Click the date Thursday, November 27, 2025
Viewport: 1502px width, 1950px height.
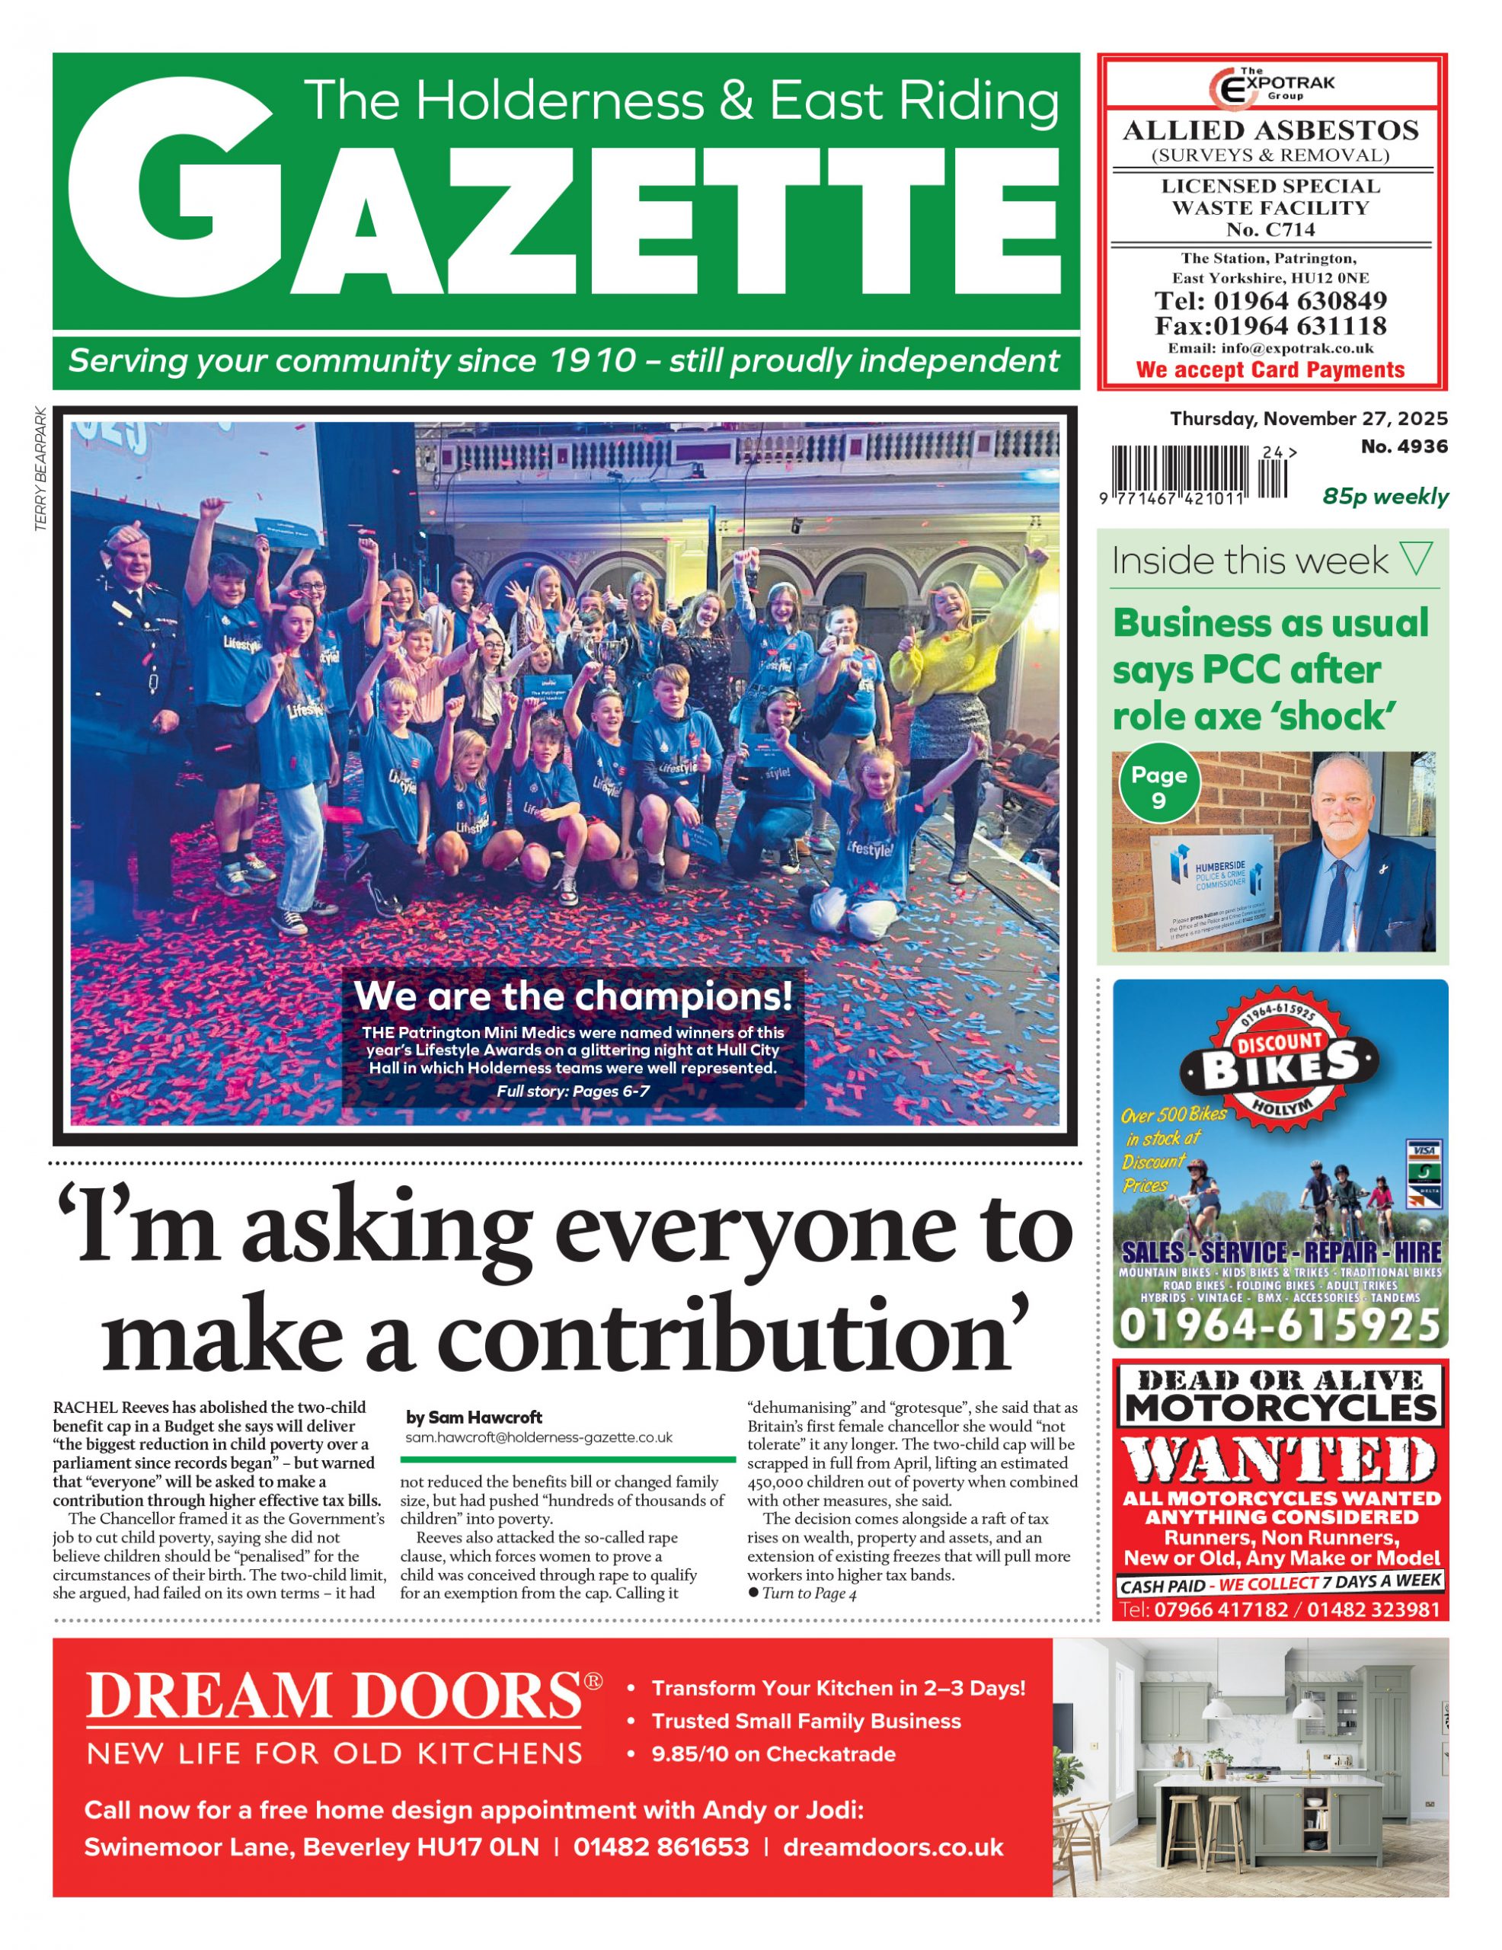[1309, 419]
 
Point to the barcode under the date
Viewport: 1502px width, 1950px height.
[1197, 472]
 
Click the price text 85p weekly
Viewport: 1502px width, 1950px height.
[1384, 497]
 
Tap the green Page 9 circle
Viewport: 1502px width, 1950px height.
[1158, 786]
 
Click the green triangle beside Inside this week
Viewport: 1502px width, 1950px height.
[1417, 559]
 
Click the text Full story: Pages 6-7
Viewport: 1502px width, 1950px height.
[573, 1091]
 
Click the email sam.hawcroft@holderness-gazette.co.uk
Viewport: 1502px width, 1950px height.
[538, 1437]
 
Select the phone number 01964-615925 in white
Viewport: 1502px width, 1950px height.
[1280, 1325]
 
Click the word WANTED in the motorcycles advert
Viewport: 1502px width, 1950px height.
[1280, 1462]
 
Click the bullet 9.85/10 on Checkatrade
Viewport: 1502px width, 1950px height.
[772, 1753]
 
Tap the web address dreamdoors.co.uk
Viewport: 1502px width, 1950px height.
[893, 1847]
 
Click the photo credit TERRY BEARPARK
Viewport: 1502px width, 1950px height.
[40, 470]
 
